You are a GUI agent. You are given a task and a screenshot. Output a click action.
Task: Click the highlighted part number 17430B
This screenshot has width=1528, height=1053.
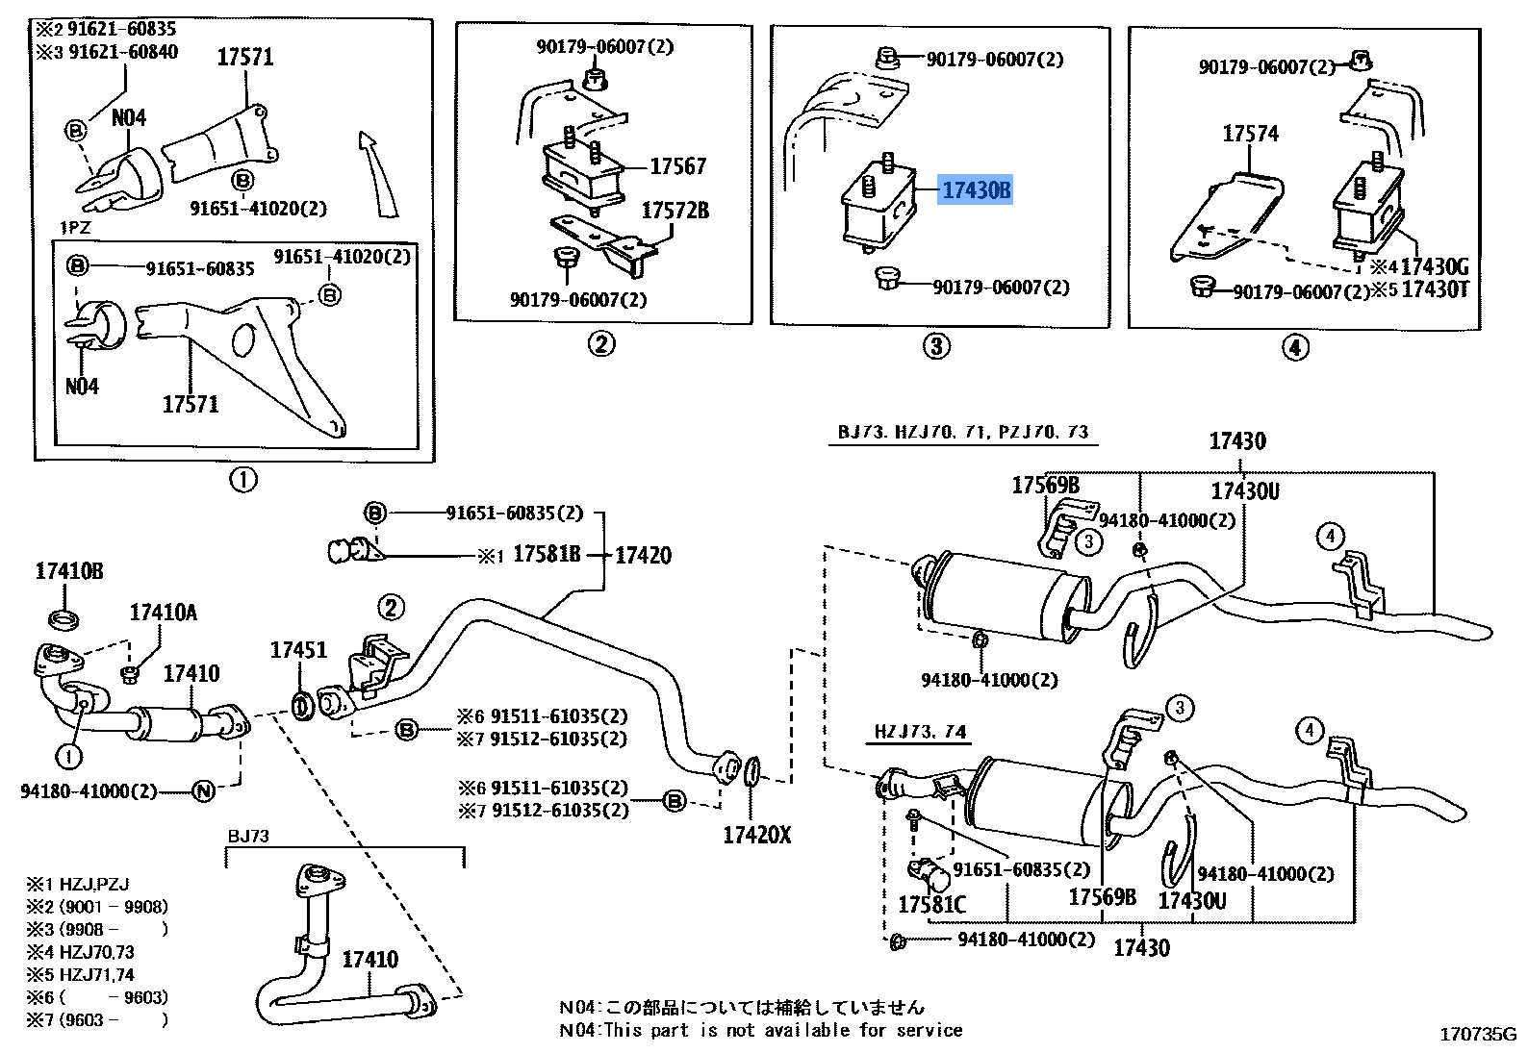tap(976, 190)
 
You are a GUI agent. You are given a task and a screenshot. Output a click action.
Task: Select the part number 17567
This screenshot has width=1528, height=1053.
tap(677, 166)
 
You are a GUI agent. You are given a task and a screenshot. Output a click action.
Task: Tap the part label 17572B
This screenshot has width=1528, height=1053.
tap(675, 211)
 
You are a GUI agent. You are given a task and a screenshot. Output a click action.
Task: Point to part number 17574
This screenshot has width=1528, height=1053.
tap(1250, 134)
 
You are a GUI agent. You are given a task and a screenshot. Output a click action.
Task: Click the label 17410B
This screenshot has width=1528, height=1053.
tap(69, 571)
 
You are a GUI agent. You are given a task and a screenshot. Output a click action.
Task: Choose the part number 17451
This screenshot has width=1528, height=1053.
tap(298, 650)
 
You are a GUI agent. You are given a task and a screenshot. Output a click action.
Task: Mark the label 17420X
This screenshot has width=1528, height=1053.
tap(756, 835)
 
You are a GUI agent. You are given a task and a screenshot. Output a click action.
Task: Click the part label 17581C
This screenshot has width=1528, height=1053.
tap(930, 905)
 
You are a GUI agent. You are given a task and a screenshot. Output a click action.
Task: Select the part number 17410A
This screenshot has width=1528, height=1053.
tap(163, 613)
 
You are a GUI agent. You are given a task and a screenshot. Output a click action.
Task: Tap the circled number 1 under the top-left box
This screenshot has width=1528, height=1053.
tap(243, 479)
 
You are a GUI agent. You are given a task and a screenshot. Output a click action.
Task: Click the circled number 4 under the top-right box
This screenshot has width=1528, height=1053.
tap(1295, 347)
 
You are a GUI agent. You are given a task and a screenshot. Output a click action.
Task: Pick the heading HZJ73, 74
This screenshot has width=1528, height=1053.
tap(919, 732)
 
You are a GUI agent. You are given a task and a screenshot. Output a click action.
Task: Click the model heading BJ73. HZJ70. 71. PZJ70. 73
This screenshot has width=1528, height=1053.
tap(962, 432)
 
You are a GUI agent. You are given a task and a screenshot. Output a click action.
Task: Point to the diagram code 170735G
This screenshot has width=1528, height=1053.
tap(1477, 1035)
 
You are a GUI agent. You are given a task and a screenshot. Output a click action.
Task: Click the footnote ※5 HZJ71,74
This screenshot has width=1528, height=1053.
tap(81, 974)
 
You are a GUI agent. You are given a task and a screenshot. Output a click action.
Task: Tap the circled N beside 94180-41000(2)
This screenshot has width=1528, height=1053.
tap(204, 791)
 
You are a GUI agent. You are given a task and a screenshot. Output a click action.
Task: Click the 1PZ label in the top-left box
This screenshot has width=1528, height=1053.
tap(75, 228)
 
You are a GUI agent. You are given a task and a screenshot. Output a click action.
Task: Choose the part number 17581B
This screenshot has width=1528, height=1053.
tap(547, 555)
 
